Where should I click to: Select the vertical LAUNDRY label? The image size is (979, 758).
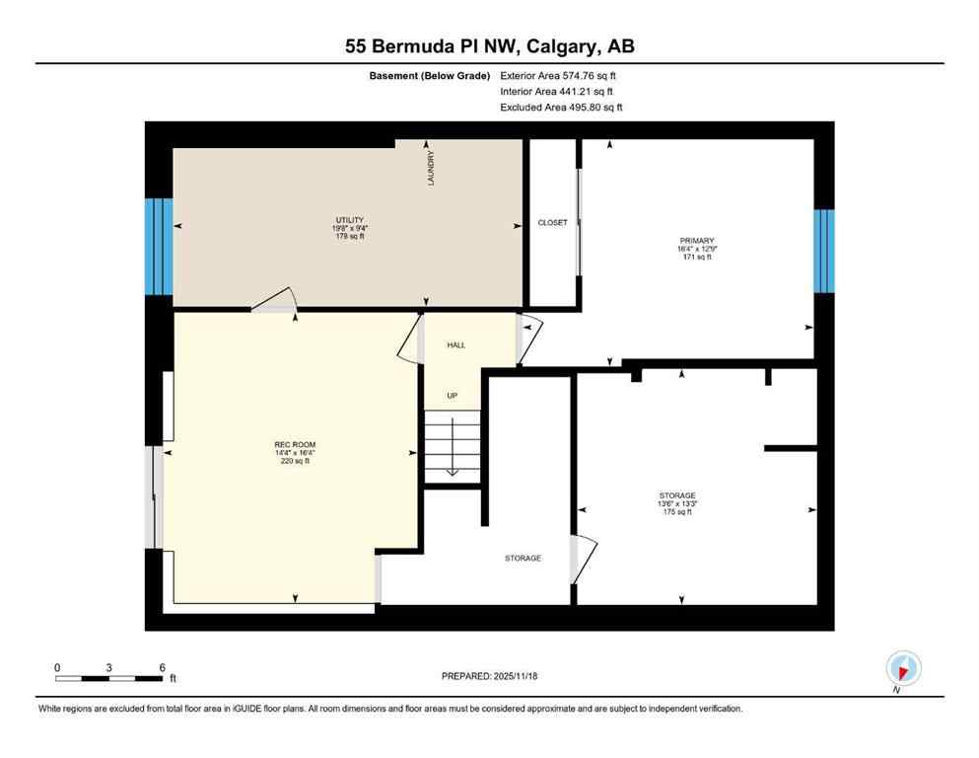(x=431, y=168)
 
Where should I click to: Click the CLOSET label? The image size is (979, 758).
(x=552, y=223)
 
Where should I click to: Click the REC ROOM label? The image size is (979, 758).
(x=295, y=444)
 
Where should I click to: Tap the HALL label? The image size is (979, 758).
(x=456, y=345)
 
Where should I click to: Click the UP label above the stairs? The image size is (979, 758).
(x=453, y=396)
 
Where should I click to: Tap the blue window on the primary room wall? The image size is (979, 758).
(x=824, y=251)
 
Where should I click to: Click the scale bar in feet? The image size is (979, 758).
(x=109, y=677)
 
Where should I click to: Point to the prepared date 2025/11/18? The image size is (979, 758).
(x=489, y=676)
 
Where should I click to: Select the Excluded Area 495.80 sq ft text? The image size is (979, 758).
(x=562, y=108)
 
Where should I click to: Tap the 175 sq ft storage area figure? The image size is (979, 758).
(x=678, y=512)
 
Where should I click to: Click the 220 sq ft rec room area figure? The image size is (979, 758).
(x=295, y=461)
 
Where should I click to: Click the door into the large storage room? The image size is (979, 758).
(x=584, y=559)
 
